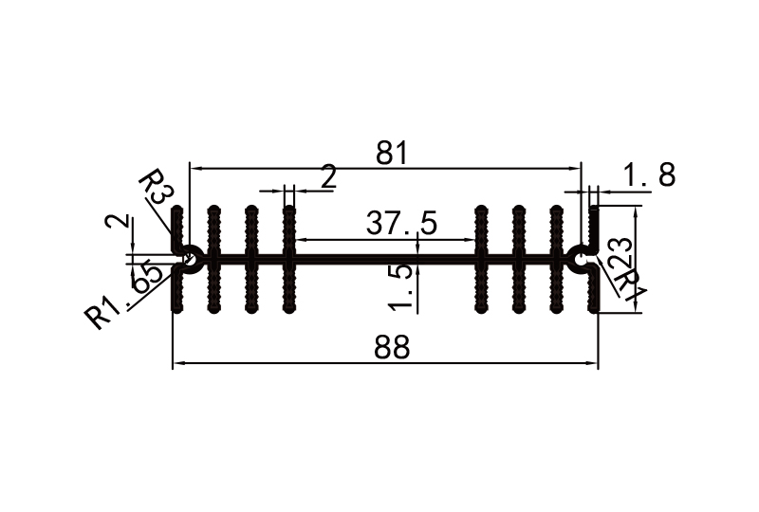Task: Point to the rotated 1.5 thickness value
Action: (x=402, y=286)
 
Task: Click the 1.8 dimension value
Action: (x=650, y=174)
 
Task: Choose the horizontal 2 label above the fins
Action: (x=328, y=177)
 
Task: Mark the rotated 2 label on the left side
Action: (x=118, y=224)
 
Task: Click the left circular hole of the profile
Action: (x=189, y=257)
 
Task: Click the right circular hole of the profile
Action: (x=581, y=257)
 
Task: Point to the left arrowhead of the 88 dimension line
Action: (x=177, y=363)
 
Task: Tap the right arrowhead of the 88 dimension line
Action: (x=594, y=363)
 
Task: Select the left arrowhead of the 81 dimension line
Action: (x=195, y=169)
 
